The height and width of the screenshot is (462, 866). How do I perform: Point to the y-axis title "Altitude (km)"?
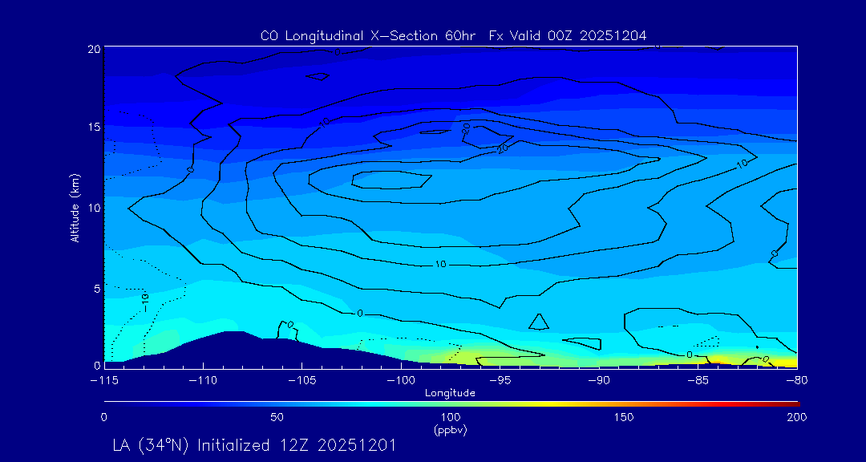(x=75, y=207)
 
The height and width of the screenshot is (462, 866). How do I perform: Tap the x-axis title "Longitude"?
(x=450, y=393)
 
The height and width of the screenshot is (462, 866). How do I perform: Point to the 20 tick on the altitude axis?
(x=93, y=49)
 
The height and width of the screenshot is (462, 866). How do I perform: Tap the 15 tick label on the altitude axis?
(x=93, y=128)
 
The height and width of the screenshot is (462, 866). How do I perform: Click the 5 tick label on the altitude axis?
(x=95, y=287)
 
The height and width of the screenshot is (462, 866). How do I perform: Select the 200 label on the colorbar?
(x=796, y=417)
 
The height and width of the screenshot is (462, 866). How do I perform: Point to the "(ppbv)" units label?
(x=450, y=430)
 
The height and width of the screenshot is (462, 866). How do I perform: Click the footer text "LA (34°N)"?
(x=152, y=445)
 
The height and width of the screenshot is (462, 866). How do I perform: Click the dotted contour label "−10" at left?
(x=145, y=301)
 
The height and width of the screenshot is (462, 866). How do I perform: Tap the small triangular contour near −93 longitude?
(x=539, y=322)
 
